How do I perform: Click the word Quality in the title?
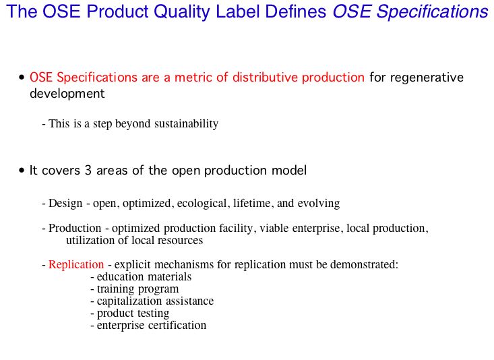pyautogui.click(x=182, y=12)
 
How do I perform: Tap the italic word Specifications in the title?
pyautogui.click(x=433, y=12)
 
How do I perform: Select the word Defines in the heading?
pyautogui.click(x=295, y=11)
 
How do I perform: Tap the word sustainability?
pyautogui.click(x=186, y=123)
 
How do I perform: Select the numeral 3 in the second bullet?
pyautogui.click(x=88, y=171)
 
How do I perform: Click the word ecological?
pyautogui.click(x=202, y=204)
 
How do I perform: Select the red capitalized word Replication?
pyautogui.click(x=76, y=264)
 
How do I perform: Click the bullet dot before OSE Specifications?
pyautogui.click(x=22, y=78)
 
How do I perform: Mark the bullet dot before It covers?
pyautogui.click(x=22, y=171)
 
